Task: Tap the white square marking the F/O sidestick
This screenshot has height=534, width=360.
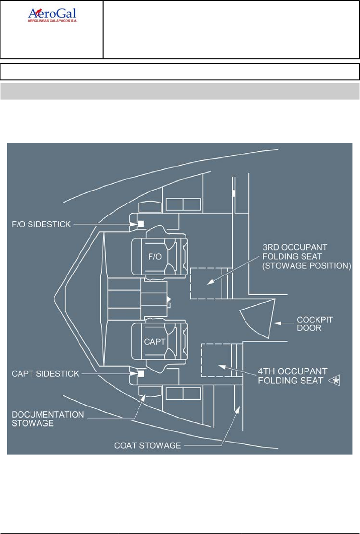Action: [141, 224]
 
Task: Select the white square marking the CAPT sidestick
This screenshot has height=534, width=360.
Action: [141, 374]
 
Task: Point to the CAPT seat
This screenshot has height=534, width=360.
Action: [156, 341]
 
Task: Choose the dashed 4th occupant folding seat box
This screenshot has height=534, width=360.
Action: [216, 360]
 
